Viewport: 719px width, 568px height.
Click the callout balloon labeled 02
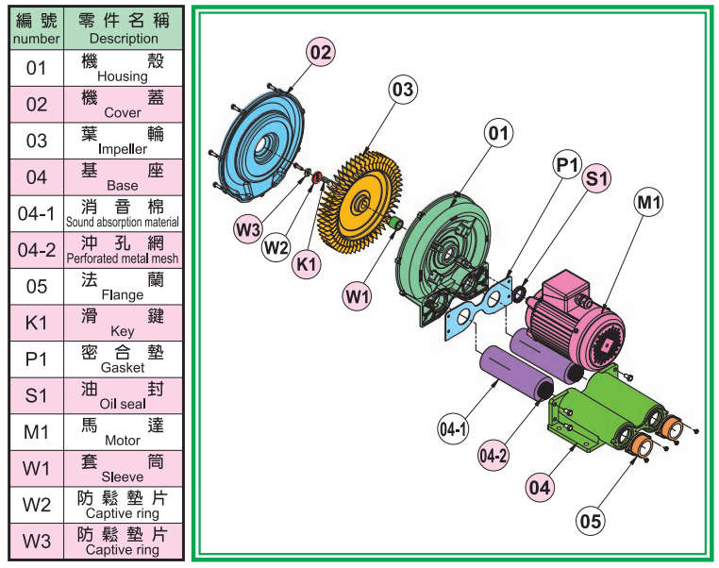point(321,53)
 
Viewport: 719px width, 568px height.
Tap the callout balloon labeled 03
point(403,90)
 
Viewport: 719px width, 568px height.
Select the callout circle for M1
point(649,201)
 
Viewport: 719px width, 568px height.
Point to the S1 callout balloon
point(597,177)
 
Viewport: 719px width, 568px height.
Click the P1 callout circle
point(567,165)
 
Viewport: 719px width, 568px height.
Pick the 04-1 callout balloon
point(454,429)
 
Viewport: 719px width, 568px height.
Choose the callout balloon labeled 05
point(591,519)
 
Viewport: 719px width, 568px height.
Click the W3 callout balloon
point(248,227)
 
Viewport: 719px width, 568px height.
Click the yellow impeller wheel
point(358,203)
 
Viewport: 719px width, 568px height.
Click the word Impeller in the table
point(123,149)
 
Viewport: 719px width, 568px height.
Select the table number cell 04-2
point(37,251)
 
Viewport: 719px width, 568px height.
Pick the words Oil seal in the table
point(123,404)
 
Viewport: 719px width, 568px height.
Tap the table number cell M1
point(37,433)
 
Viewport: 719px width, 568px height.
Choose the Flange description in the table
point(123,294)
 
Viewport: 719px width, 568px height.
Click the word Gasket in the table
point(123,367)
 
